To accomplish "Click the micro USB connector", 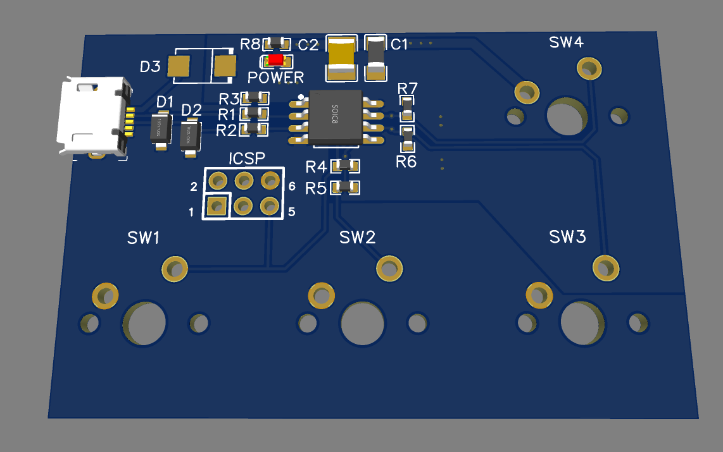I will (x=92, y=117).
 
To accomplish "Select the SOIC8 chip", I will (x=335, y=116).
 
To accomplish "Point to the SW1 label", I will (x=143, y=238).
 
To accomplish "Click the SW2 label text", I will (x=357, y=237).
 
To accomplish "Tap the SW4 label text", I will (x=566, y=42).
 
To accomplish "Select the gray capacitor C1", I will (x=375, y=58).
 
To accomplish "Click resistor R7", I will (x=407, y=109).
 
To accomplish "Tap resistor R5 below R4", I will (x=346, y=187).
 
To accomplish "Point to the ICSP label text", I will (x=247, y=158).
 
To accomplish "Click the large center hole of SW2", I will (x=362, y=322).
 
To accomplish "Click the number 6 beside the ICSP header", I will (x=292, y=186).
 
